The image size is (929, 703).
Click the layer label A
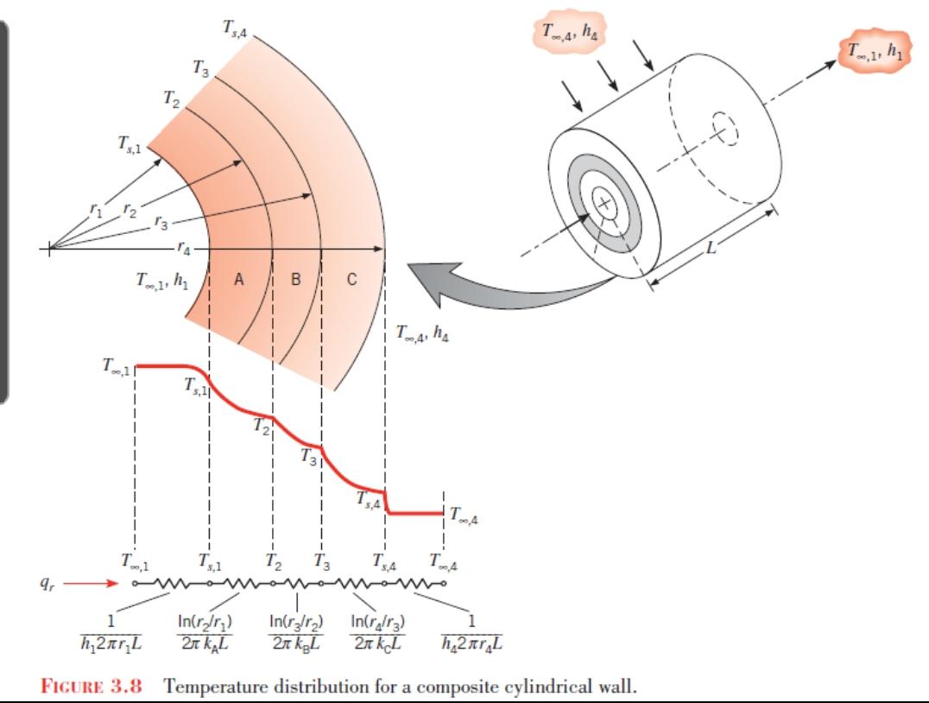pos(239,279)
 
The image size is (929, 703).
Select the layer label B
pos(295,279)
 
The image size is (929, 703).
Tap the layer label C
pos(352,279)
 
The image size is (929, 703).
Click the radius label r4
pos(184,250)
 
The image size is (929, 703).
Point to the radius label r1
pos(96,209)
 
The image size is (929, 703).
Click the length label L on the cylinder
pos(711,247)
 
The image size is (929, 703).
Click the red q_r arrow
pos(92,583)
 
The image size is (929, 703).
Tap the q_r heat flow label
pos(45,583)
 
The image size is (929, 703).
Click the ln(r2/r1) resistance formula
pos(205,632)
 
